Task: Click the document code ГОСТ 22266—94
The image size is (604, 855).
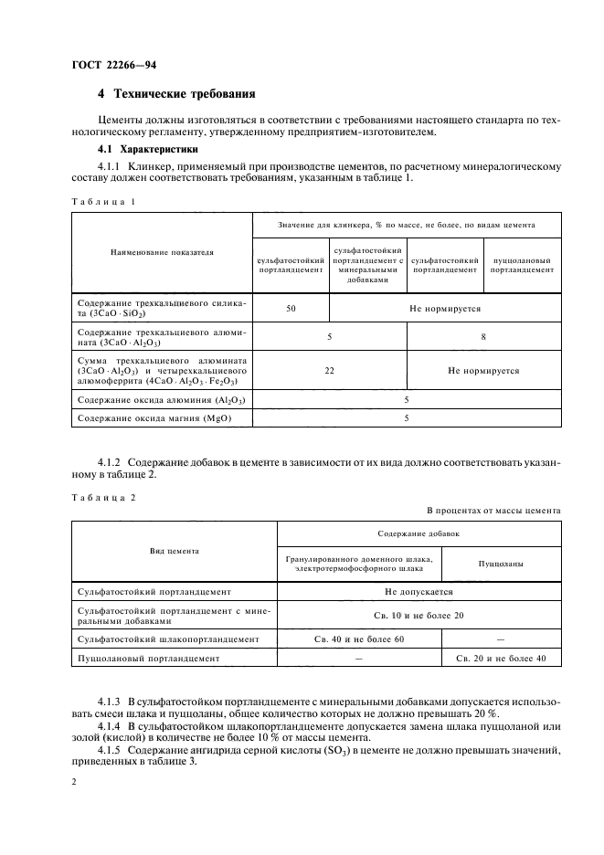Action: pyautogui.click(x=108, y=64)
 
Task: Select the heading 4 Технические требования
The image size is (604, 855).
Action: pyautogui.click(x=176, y=95)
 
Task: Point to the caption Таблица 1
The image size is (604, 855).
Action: pyautogui.click(x=101, y=201)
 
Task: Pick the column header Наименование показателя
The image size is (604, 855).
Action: pyautogui.click(x=162, y=252)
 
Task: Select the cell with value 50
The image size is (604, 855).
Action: pyautogui.click(x=291, y=310)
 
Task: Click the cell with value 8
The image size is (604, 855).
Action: pyautogui.click(x=483, y=337)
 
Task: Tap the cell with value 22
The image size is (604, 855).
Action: pyautogui.click(x=330, y=371)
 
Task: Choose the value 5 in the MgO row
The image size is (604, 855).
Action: pyautogui.click(x=407, y=417)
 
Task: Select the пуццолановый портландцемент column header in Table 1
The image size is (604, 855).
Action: pyautogui.click(x=523, y=265)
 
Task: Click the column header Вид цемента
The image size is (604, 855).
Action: pyautogui.click(x=175, y=551)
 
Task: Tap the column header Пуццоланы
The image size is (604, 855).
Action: pyautogui.click(x=501, y=564)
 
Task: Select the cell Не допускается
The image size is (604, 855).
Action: pyautogui.click(x=419, y=592)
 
